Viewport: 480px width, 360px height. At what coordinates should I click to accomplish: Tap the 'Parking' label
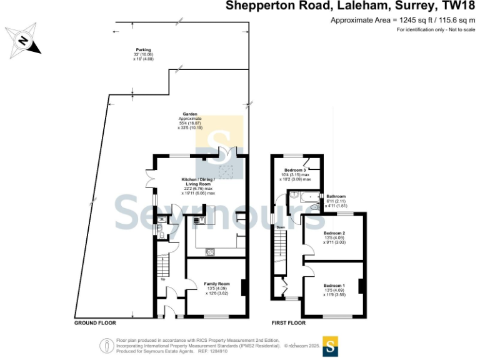coord(144,50)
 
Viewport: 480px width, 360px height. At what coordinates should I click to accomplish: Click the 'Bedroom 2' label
coord(334,234)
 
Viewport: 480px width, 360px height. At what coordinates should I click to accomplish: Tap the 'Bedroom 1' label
coord(334,286)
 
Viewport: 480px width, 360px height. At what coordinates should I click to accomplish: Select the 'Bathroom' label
coord(336,196)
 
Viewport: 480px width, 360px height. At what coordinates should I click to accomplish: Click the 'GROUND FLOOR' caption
coord(96,323)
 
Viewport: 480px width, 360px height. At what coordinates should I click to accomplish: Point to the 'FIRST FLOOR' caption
coord(288,323)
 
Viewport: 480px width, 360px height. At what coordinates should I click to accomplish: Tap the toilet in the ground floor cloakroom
coord(159,231)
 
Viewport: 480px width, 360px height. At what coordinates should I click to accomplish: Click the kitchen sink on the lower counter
coord(211,251)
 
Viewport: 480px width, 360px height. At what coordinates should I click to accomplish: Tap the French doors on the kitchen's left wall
coord(151,178)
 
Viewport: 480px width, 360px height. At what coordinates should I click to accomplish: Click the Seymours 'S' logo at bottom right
coord(331,346)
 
